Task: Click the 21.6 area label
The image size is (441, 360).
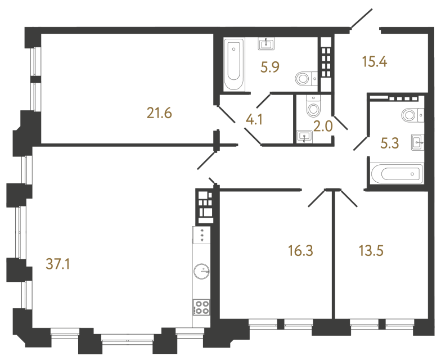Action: (159, 114)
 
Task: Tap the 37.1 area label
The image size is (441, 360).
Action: (58, 263)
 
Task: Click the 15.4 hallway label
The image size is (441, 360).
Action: (375, 61)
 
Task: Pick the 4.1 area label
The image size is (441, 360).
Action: (254, 120)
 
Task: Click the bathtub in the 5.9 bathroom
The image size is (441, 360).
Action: (234, 64)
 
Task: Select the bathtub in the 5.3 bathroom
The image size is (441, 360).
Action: (396, 172)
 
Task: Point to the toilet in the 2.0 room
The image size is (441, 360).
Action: (313, 106)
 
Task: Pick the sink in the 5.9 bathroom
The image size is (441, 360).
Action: (265, 43)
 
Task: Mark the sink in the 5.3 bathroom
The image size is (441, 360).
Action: (417, 141)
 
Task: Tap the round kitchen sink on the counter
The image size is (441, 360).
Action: (200, 272)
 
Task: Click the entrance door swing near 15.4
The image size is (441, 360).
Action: (360, 19)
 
